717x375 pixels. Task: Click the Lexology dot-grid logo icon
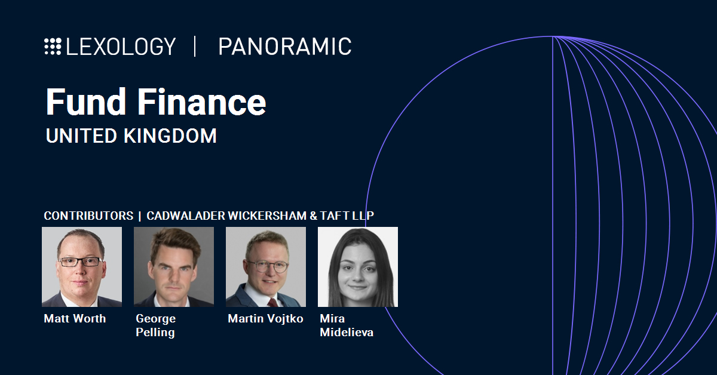click(53, 47)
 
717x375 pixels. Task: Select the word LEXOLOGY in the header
click(121, 47)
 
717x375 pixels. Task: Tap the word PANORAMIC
click(285, 47)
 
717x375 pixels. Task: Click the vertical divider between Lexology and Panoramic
click(195, 47)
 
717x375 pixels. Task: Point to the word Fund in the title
click(86, 102)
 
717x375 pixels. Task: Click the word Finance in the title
click(202, 102)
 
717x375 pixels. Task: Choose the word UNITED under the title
click(81, 136)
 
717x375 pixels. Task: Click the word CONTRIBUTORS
click(88, 216)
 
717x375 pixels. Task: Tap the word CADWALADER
click(186, 216)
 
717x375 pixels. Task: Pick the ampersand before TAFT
click(313, 216)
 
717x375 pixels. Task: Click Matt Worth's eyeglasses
click(81, 262)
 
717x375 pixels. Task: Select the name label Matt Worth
click(75, 318)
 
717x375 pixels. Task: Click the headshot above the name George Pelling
click(174, 267)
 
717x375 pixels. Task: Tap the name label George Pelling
click(155, 325)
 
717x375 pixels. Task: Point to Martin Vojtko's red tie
click(273, 302)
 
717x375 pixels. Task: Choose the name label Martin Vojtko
click(265, 318)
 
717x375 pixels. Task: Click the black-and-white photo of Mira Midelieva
click(358, 267)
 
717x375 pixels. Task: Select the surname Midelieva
click(347, 332)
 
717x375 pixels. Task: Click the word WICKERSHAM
click(267, 216)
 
